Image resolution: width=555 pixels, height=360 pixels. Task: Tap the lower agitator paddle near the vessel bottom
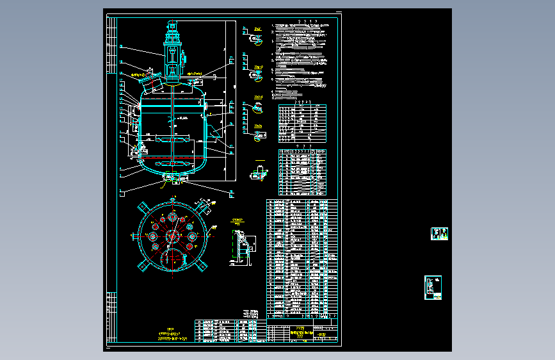coord(172,157)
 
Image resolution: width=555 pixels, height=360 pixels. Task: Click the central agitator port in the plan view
coord(172,236)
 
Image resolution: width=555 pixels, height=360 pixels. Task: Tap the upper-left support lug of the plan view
coord(142,206)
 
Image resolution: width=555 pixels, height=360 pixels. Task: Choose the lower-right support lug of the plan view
coord(204,265)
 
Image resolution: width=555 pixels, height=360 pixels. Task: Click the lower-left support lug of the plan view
coord(142,265)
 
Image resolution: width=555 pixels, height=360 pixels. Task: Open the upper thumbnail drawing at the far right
coord(439,234)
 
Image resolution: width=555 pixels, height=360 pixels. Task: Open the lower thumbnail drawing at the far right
coord(433,288)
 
